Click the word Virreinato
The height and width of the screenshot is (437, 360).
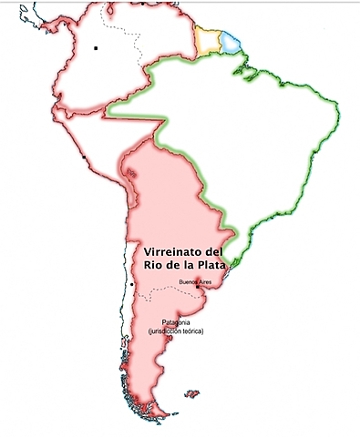169,250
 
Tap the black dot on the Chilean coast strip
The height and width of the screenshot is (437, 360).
132,285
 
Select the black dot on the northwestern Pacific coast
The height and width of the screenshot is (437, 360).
83,158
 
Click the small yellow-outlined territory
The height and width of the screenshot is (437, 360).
209,40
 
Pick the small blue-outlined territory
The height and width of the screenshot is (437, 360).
232,42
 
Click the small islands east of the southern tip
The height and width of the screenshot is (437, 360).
191,394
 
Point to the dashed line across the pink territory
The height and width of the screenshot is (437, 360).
155,290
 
